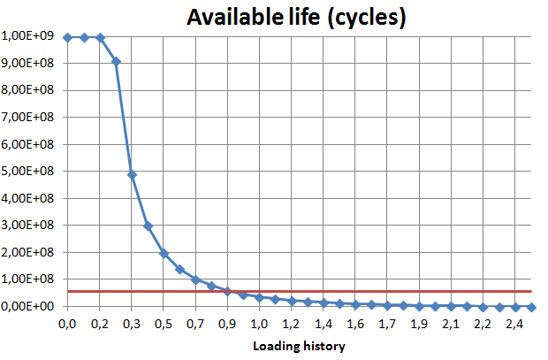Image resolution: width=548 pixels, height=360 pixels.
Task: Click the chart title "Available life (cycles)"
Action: (x=295, y=17)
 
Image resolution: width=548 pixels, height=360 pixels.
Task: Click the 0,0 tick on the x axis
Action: (x=67, y=325)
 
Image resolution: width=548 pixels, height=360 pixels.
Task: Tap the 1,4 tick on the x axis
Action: (x=324, y=325)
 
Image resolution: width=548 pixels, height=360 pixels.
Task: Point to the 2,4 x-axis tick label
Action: (x=514, y=325)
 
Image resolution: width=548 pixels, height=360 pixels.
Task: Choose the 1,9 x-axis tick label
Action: (x=420, y=325)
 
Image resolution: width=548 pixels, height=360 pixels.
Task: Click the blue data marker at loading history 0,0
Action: (x=67, y=37)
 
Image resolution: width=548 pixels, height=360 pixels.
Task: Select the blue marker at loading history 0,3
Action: (x=132, y=174)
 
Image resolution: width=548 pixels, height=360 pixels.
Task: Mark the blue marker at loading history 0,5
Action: (x=164, y=253)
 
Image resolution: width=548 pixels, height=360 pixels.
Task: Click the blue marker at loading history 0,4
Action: (x=148, y=226)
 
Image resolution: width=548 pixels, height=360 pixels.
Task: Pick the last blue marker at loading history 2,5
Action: (x=532, y=307)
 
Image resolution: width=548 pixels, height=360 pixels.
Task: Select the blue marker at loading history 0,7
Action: (x=195, y=280)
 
